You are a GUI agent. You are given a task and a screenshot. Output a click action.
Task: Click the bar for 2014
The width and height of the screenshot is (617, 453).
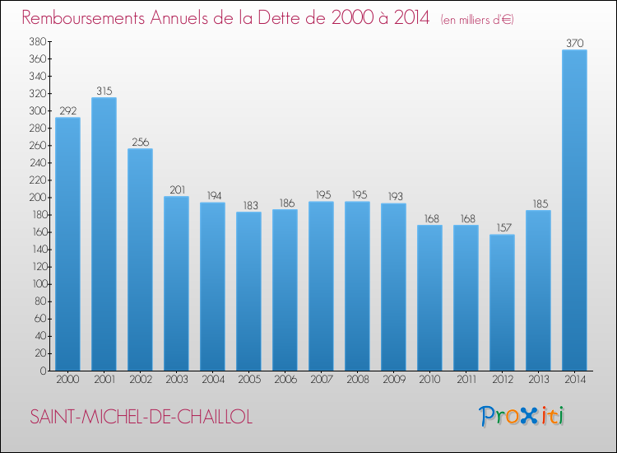(574, 210)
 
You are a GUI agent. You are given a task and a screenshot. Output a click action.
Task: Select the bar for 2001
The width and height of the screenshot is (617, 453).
(104, 234)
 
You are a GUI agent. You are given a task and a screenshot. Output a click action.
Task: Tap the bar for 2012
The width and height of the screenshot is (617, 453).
(502, 302)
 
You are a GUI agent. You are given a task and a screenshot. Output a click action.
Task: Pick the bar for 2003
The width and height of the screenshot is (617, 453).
(176, 283)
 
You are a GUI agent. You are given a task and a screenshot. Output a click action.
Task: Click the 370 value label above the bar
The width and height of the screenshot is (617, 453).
(574, 43)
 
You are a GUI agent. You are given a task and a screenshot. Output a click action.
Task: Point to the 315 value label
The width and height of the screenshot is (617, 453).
(104, 91)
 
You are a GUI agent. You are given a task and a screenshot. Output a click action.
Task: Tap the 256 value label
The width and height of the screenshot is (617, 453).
(140, 142)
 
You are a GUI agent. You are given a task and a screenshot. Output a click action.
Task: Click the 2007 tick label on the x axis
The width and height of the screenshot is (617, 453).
(321, 380)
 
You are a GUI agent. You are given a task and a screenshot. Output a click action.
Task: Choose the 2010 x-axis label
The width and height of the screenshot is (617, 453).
(429, 380)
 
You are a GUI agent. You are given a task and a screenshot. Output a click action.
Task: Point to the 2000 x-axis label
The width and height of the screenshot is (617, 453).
(67, 380)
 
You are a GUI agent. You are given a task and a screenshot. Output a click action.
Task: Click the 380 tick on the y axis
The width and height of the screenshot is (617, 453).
(36, 41)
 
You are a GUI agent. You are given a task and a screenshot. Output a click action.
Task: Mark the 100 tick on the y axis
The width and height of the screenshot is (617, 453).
(36, 284)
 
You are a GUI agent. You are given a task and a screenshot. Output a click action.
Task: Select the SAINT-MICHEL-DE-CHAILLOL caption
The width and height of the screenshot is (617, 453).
(141, 417)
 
